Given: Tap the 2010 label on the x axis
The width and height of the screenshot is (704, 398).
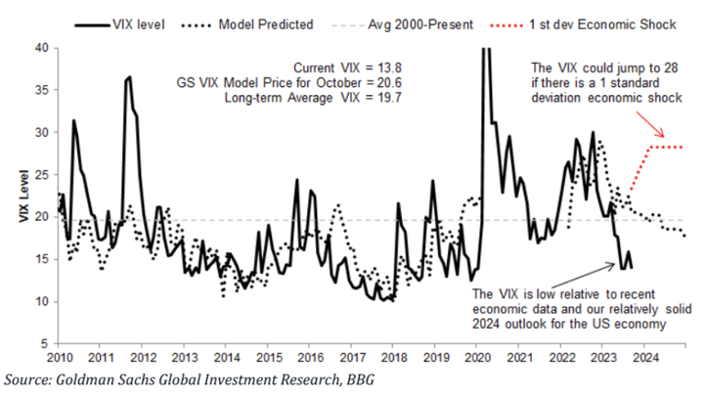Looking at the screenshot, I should pyautogui.click(x=60, y=357).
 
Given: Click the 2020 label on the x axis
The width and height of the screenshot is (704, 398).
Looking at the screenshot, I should pyautogui.click(x=479, y=357).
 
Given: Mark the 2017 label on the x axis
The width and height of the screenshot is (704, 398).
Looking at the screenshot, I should pyautogui.click(x=353, y=357).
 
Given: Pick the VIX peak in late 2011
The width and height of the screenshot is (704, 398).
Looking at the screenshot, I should pyautogui.click(x=128, y=77).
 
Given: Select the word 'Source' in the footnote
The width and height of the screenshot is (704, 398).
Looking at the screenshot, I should pyautogui.click(x=28, y=378).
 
